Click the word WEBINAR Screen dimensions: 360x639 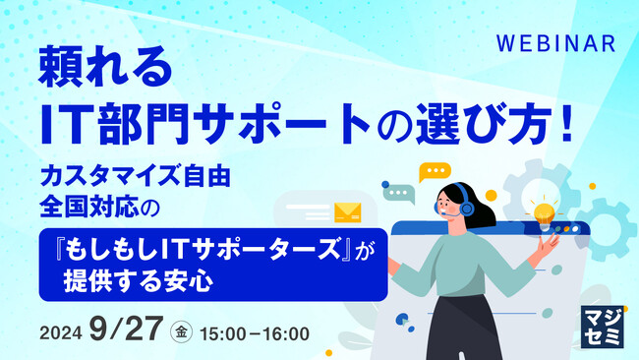pyautogui.click(x=555, y=44)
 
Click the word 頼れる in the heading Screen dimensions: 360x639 pyautogui.click(x=105, y=69)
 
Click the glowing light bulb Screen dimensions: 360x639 pyautogui.click(x=544, y=210)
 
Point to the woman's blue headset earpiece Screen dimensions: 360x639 pyautogui.click(x=465, y=210)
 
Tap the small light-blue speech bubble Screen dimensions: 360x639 pyautogui.click(x=399, y=194)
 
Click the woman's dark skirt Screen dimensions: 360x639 pyautogui.click(x=463, y=330)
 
